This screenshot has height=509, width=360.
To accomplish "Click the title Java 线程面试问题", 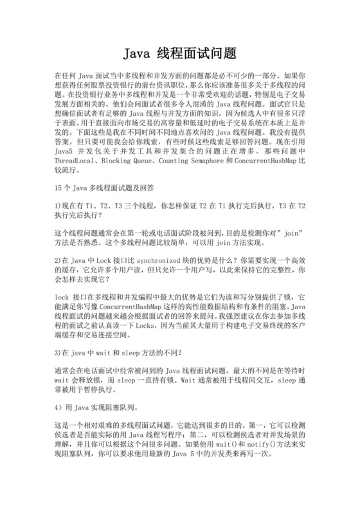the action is [179, 53].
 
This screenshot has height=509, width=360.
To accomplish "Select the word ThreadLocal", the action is [76, 161].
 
